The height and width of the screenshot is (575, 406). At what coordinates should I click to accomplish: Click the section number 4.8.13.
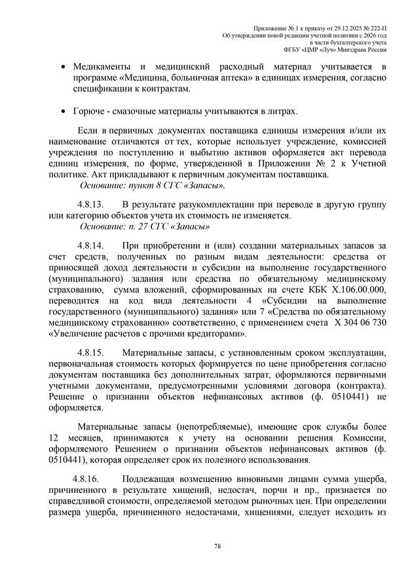(91, 205)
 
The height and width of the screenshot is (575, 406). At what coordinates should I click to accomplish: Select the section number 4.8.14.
(91, 245)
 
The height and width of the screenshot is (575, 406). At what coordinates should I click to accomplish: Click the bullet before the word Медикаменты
(62, 68)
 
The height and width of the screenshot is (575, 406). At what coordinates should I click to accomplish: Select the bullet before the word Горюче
(62, 111)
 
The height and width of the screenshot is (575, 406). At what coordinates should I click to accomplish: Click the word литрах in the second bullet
(280, 111)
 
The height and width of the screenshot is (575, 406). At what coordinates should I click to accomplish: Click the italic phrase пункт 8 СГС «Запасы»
(177, 187)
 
